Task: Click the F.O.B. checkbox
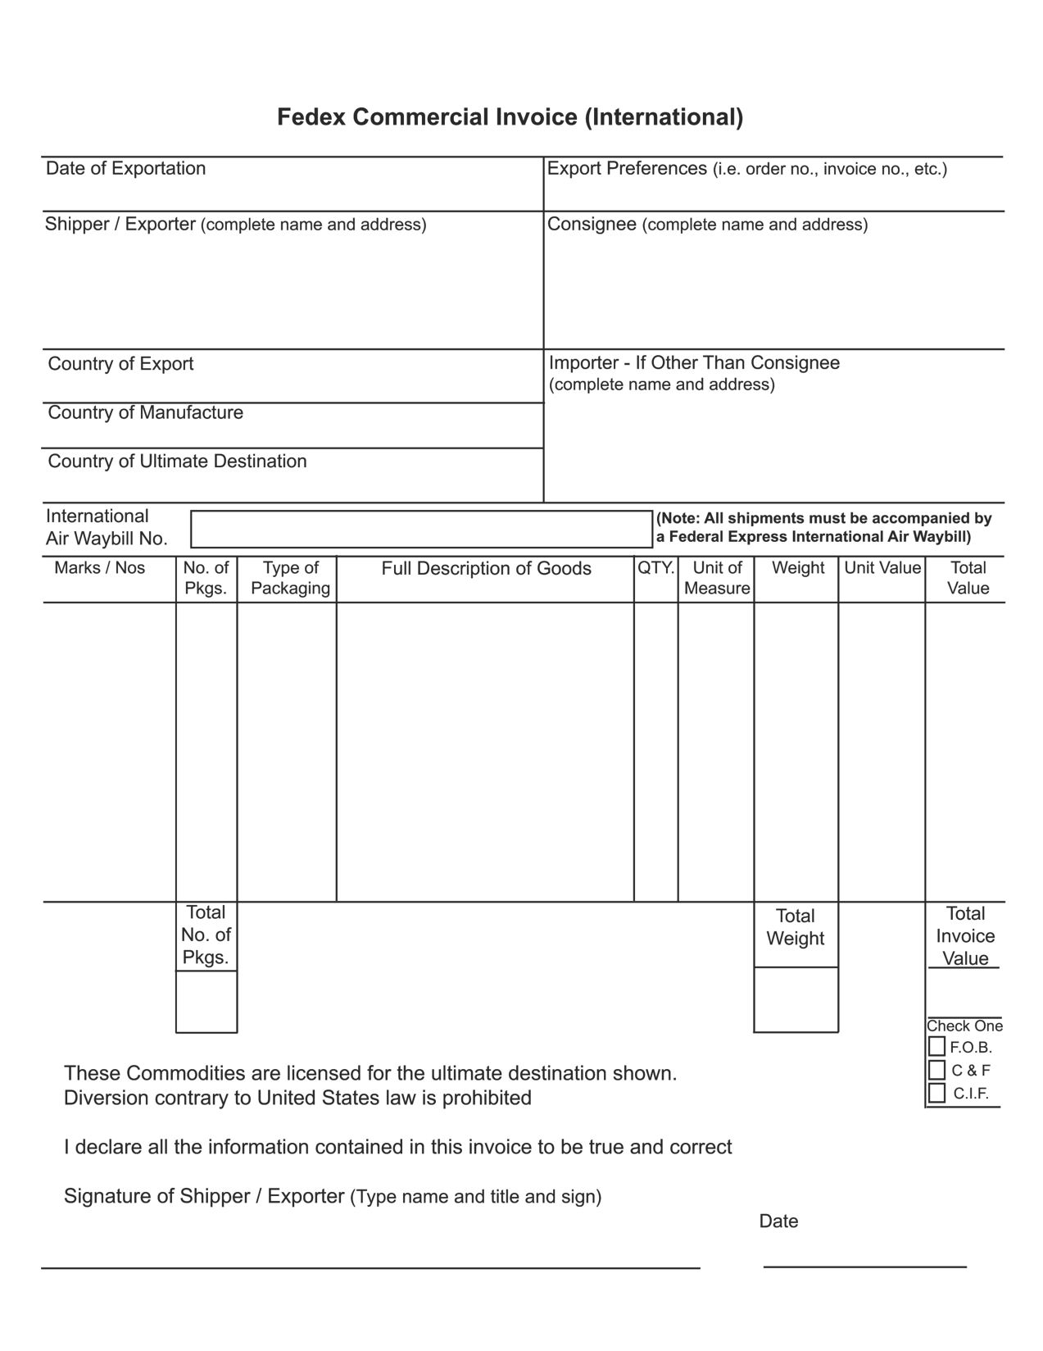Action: (937, 1047)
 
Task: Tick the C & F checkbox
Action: (937, 1070)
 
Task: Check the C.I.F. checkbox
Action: (937, 1093)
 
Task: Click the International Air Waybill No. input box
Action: (421, 529)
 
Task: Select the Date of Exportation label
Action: (126, 169)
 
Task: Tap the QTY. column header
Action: (655, 568)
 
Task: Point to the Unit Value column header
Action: (882, 568)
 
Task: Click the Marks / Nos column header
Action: (99, 568)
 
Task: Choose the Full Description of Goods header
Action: (486, 569)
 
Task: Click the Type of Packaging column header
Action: (290, 578)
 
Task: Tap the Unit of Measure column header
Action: (717, 578)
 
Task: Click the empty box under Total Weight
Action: (796, 999)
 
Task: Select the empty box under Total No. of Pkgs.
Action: (206, 1002)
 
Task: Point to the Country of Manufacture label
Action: (146, 412)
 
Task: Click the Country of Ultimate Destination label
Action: (177, 462)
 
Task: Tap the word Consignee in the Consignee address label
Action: (592, 224)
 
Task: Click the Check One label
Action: (964, 1026)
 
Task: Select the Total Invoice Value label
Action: (965, 936)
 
